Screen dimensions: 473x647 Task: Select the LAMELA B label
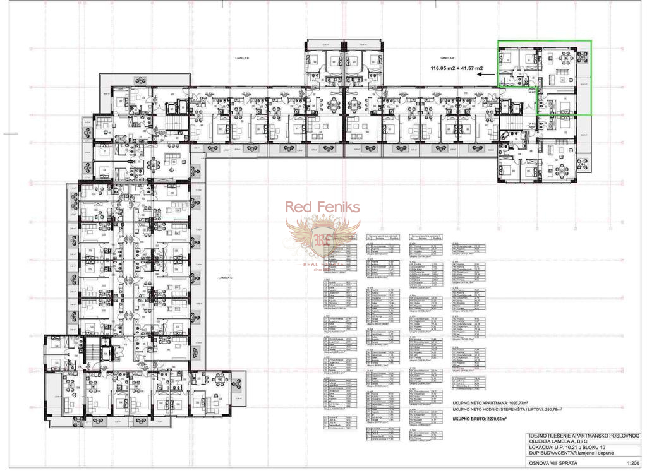point(242,58)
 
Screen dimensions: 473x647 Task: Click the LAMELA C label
point(226,278)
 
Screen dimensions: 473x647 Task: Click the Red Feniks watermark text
point(322,207)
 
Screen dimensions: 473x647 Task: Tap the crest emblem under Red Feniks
point(322,239)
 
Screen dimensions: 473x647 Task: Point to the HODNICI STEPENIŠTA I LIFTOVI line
point(507,410)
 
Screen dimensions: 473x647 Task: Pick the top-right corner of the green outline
point(591,42)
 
